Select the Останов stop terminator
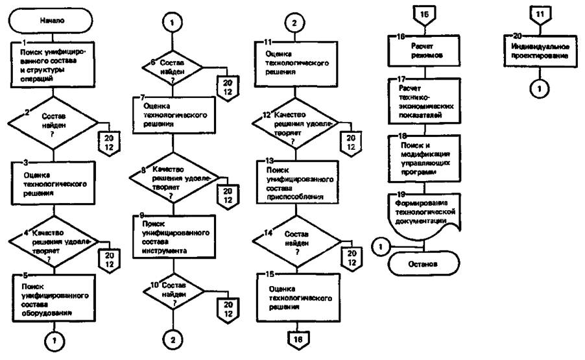(422, 265)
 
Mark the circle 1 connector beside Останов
(381, 246)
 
